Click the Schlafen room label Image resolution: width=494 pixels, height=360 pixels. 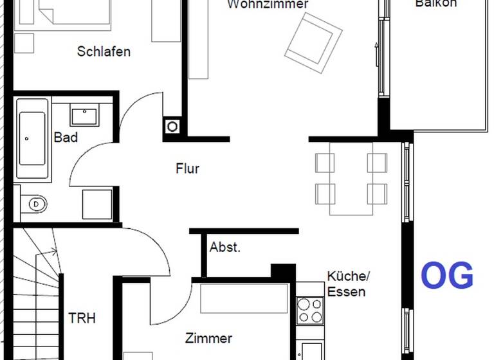coord(104,51)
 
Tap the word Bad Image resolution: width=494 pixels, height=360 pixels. coord(66,137)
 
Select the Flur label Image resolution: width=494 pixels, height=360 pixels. coord(187,169)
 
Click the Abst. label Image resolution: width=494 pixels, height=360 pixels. coord(225,248)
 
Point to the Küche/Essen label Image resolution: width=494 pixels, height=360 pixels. coord(347,283)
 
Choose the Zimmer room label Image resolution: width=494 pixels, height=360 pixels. coord(208,338)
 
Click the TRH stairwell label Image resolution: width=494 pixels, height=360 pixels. coord(82,318)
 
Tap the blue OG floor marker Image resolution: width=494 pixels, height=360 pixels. coord(447,275)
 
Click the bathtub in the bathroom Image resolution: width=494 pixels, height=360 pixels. coord(33,139)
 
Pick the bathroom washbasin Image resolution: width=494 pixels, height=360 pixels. coord(84,116)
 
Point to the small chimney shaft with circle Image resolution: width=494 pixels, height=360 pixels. coord(172,127)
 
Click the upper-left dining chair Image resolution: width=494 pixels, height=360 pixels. coord(325,163)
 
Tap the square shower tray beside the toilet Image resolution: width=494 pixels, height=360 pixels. coord(97,204)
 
